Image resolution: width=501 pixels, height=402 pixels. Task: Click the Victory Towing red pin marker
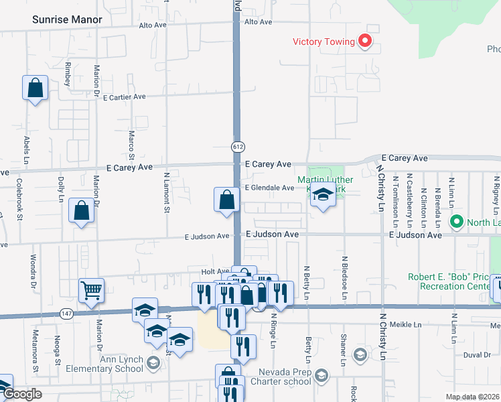[x=365, y=42]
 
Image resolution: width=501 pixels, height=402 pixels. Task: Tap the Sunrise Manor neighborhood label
[x=67, y=19]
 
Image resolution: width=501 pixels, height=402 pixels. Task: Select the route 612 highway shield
[x=238, y=146]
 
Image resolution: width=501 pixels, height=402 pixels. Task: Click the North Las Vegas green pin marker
[x=457, y=221]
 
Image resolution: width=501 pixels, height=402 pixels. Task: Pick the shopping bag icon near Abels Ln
[x=35, y=87]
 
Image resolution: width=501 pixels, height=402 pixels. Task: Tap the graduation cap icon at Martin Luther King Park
[x=323, y=196]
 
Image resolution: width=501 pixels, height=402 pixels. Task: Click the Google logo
[x=21, y=394]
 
